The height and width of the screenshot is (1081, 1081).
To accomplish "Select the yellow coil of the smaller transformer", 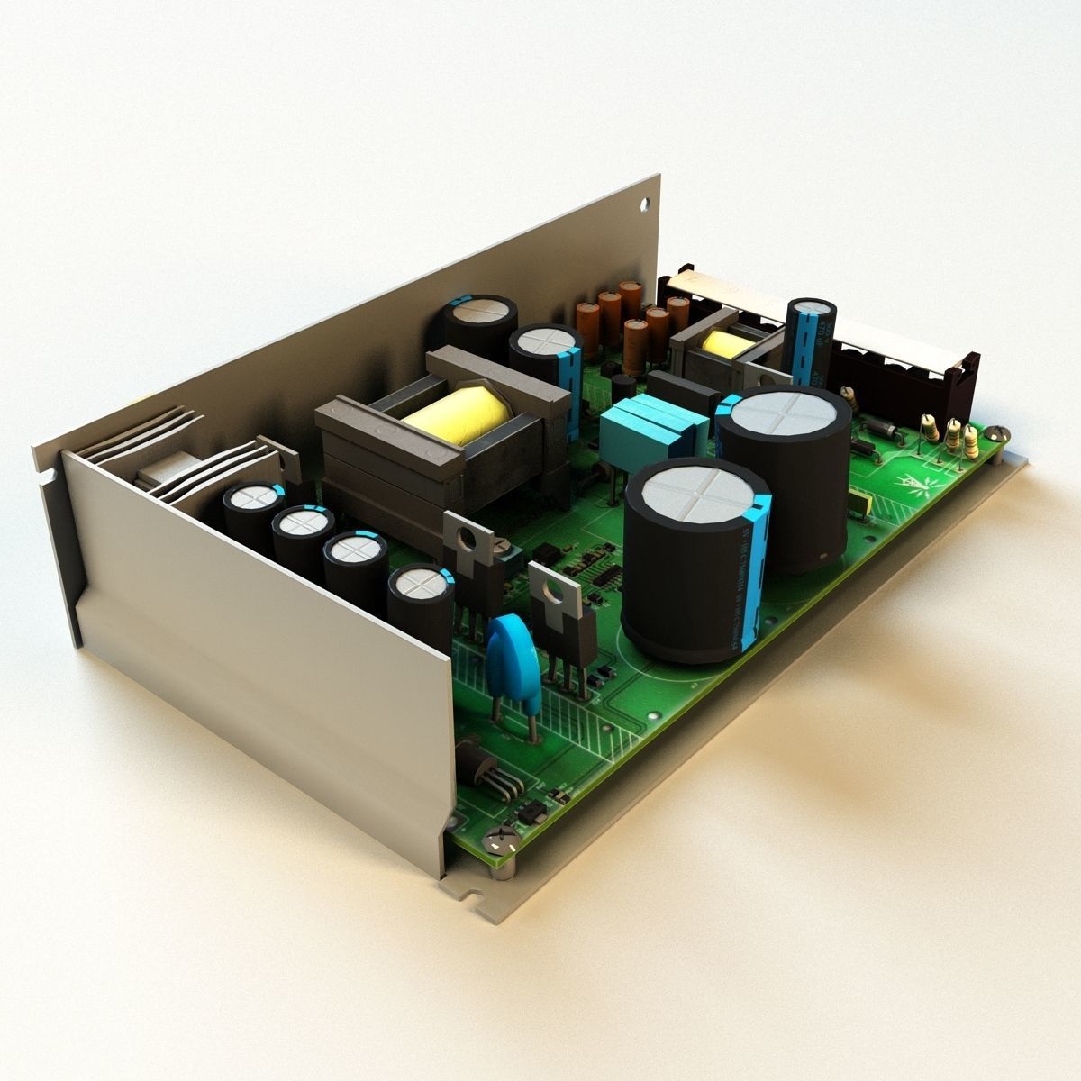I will point(725,345).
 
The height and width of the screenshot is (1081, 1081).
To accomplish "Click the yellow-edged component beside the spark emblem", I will point(861,504).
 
